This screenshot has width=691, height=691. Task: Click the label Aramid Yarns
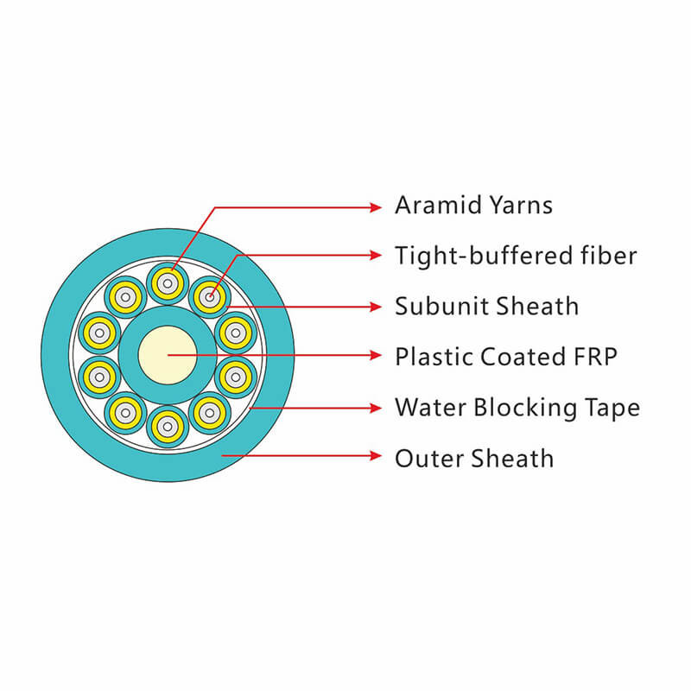[x=473, y=206]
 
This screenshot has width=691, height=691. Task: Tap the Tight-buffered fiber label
[x=516, y=256]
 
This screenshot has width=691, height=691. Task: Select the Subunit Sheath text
[x=486, y=306]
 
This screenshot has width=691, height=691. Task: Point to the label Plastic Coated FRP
[x=506, y=356]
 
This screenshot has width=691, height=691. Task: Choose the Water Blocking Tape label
[x=517, y=407]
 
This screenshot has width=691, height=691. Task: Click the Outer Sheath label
[x=474, y=457]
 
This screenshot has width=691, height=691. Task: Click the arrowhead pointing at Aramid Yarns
[x=375, y=207]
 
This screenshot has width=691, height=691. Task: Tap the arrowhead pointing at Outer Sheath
[x=375, y=456]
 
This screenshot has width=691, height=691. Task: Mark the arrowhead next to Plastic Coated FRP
[x=375, y=355]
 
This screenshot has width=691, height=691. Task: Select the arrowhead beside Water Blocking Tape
[x=375, y=406]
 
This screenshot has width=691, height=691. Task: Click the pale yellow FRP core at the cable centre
[x=168, y=355]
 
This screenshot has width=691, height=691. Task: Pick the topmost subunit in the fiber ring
[x=168, y=283]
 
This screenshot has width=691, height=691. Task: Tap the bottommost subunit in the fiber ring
[x=168, y=427]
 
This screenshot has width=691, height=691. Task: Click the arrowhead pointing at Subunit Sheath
[x=375, y=306]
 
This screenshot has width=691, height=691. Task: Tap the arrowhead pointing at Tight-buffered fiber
[x=375, y=255]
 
